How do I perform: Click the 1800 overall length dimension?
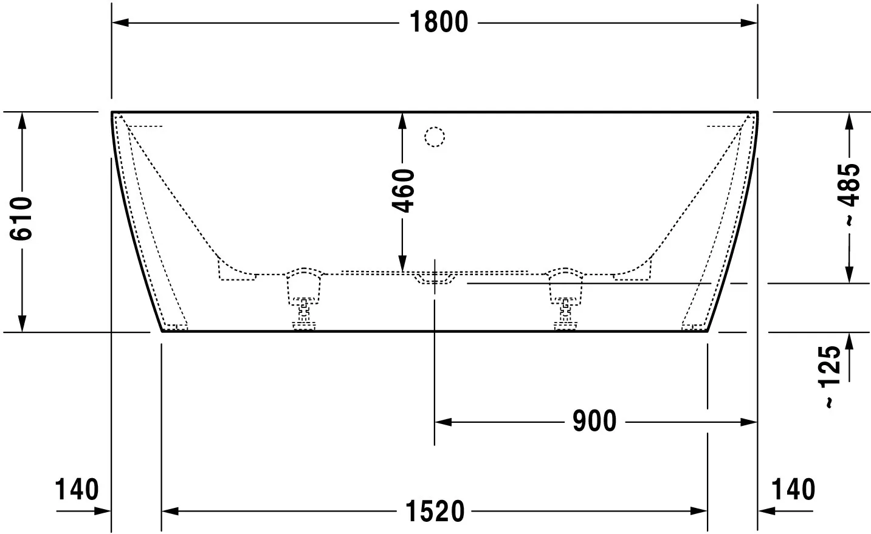tap(439, 22)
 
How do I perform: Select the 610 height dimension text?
tap(21, 219)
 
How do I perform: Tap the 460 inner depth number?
tap(403, 191)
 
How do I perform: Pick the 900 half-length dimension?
tap(594, 421)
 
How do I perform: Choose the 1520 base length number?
tap(435, 512)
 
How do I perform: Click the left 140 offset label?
tap(77, 489)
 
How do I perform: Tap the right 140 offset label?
tap(793, 489)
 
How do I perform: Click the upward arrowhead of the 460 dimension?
tap(402, 121)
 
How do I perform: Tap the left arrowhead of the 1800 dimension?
tap(120, 23)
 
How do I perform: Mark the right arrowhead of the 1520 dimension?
tap(699, 511)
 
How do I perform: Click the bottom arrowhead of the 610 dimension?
tap(22, 323)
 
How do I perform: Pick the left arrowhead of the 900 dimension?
tap(443, 422)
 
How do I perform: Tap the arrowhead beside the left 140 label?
tap(103, 511)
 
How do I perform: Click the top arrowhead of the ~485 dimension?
tap(849, 122)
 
